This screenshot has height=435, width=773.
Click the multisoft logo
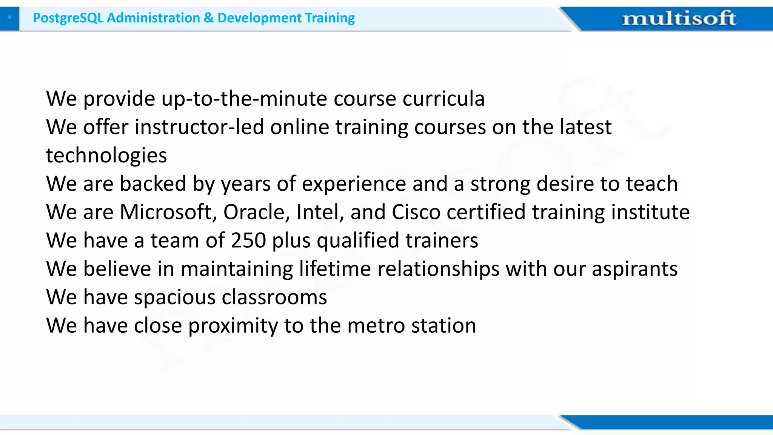[x=679, y=19]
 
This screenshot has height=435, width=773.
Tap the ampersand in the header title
[x=208, y=18]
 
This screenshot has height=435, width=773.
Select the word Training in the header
[x=330, y=18]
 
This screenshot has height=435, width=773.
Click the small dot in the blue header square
[x=9, y=17]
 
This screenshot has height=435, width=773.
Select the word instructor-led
[x=199, y=127]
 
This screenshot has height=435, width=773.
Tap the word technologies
[x=106, y=156]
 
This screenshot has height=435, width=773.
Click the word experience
[x=354, y=184]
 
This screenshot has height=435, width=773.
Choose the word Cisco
[x=416, y=212]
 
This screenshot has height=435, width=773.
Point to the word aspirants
[x=634, y=270]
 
